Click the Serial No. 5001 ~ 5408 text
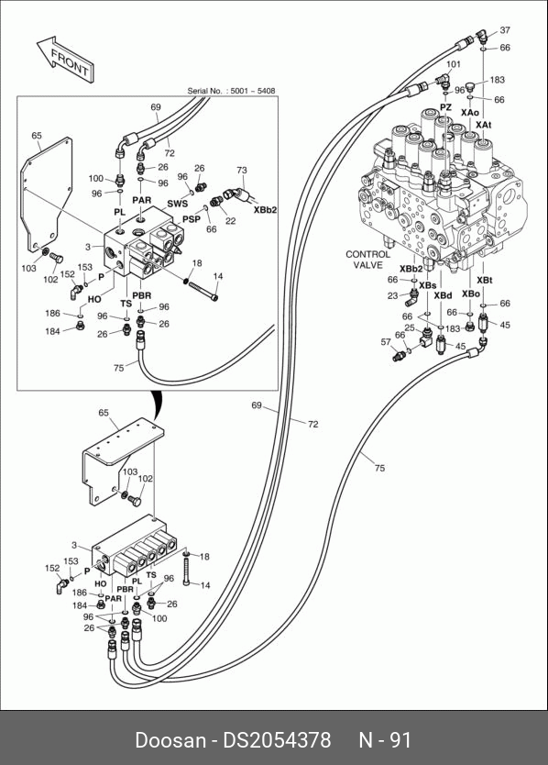pos(231,91)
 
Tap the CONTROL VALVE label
pos(367,260)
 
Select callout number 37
pos(505,29)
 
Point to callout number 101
pos(453,64)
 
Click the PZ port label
pos(445,106)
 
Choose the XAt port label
pos(484,125)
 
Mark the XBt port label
pos(484,280)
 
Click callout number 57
pos(386,342)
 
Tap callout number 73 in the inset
pos(242,171)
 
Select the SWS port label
pos(178,204)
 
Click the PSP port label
pos(192,219)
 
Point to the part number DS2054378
pos(277,740)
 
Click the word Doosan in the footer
pos(170,740)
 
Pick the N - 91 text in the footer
pos(385,740)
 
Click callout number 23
pos(393,295)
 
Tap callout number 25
pos(410,327)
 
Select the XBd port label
pos(443,295)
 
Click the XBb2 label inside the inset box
pos(265,210)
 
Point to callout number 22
pos(231,221)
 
